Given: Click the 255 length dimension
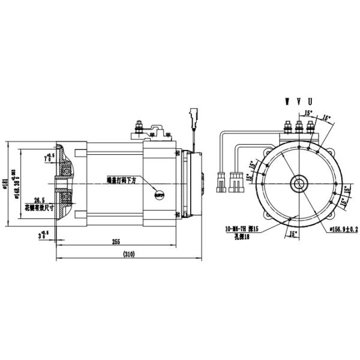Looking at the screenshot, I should [x=116, y=242].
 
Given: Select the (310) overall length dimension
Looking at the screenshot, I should [x=128, y=254].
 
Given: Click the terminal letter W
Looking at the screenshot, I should [x=287, y=101].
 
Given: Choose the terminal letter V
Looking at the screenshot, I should [x=298, y=101].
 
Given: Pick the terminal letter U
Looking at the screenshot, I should [x=309, y=101].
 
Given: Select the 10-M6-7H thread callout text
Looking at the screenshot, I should [x=241, y=229].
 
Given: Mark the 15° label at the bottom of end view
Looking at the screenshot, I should [x=293, y=233].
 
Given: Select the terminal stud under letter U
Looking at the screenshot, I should [x=310, y=127].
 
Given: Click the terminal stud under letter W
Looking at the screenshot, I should [x=287, y=127].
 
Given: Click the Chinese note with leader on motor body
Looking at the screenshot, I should [x=122, y=179].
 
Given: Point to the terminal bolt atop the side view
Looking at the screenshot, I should [x=139, y=127].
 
